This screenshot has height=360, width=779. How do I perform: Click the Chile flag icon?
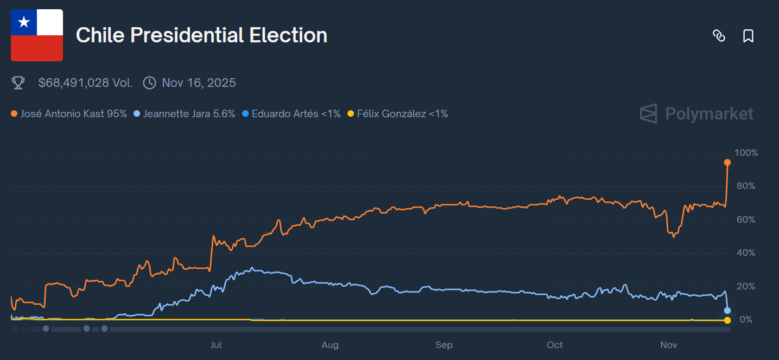coord(37,35)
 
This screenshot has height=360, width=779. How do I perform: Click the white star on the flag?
coord(24,22)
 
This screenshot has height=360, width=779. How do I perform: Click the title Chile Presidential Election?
coord(201,35)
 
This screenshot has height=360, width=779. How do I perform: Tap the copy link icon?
coord(719,36)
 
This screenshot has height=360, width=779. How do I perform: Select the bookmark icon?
coord(748,36)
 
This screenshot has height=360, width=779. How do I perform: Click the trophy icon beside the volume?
coord(18,83)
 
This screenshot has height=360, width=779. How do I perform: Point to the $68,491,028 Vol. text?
coord(85,83)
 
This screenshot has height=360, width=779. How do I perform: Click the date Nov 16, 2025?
coord(199,83)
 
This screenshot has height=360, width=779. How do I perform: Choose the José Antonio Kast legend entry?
coord(69,113)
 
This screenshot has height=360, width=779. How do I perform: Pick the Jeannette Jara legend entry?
coord(185,113)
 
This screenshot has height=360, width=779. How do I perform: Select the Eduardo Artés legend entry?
coord(292,113)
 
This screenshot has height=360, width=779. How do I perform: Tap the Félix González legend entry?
coord(398,113)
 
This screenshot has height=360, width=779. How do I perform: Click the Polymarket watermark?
coord(696,113)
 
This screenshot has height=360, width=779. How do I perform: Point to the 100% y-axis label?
coord(745,153)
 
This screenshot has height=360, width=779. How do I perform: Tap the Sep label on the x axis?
coord(444,345)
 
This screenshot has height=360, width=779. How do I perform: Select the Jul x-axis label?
coord(216,345)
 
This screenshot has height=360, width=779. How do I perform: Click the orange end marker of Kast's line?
coord(727,162)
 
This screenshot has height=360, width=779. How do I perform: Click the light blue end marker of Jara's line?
coord(727,311)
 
